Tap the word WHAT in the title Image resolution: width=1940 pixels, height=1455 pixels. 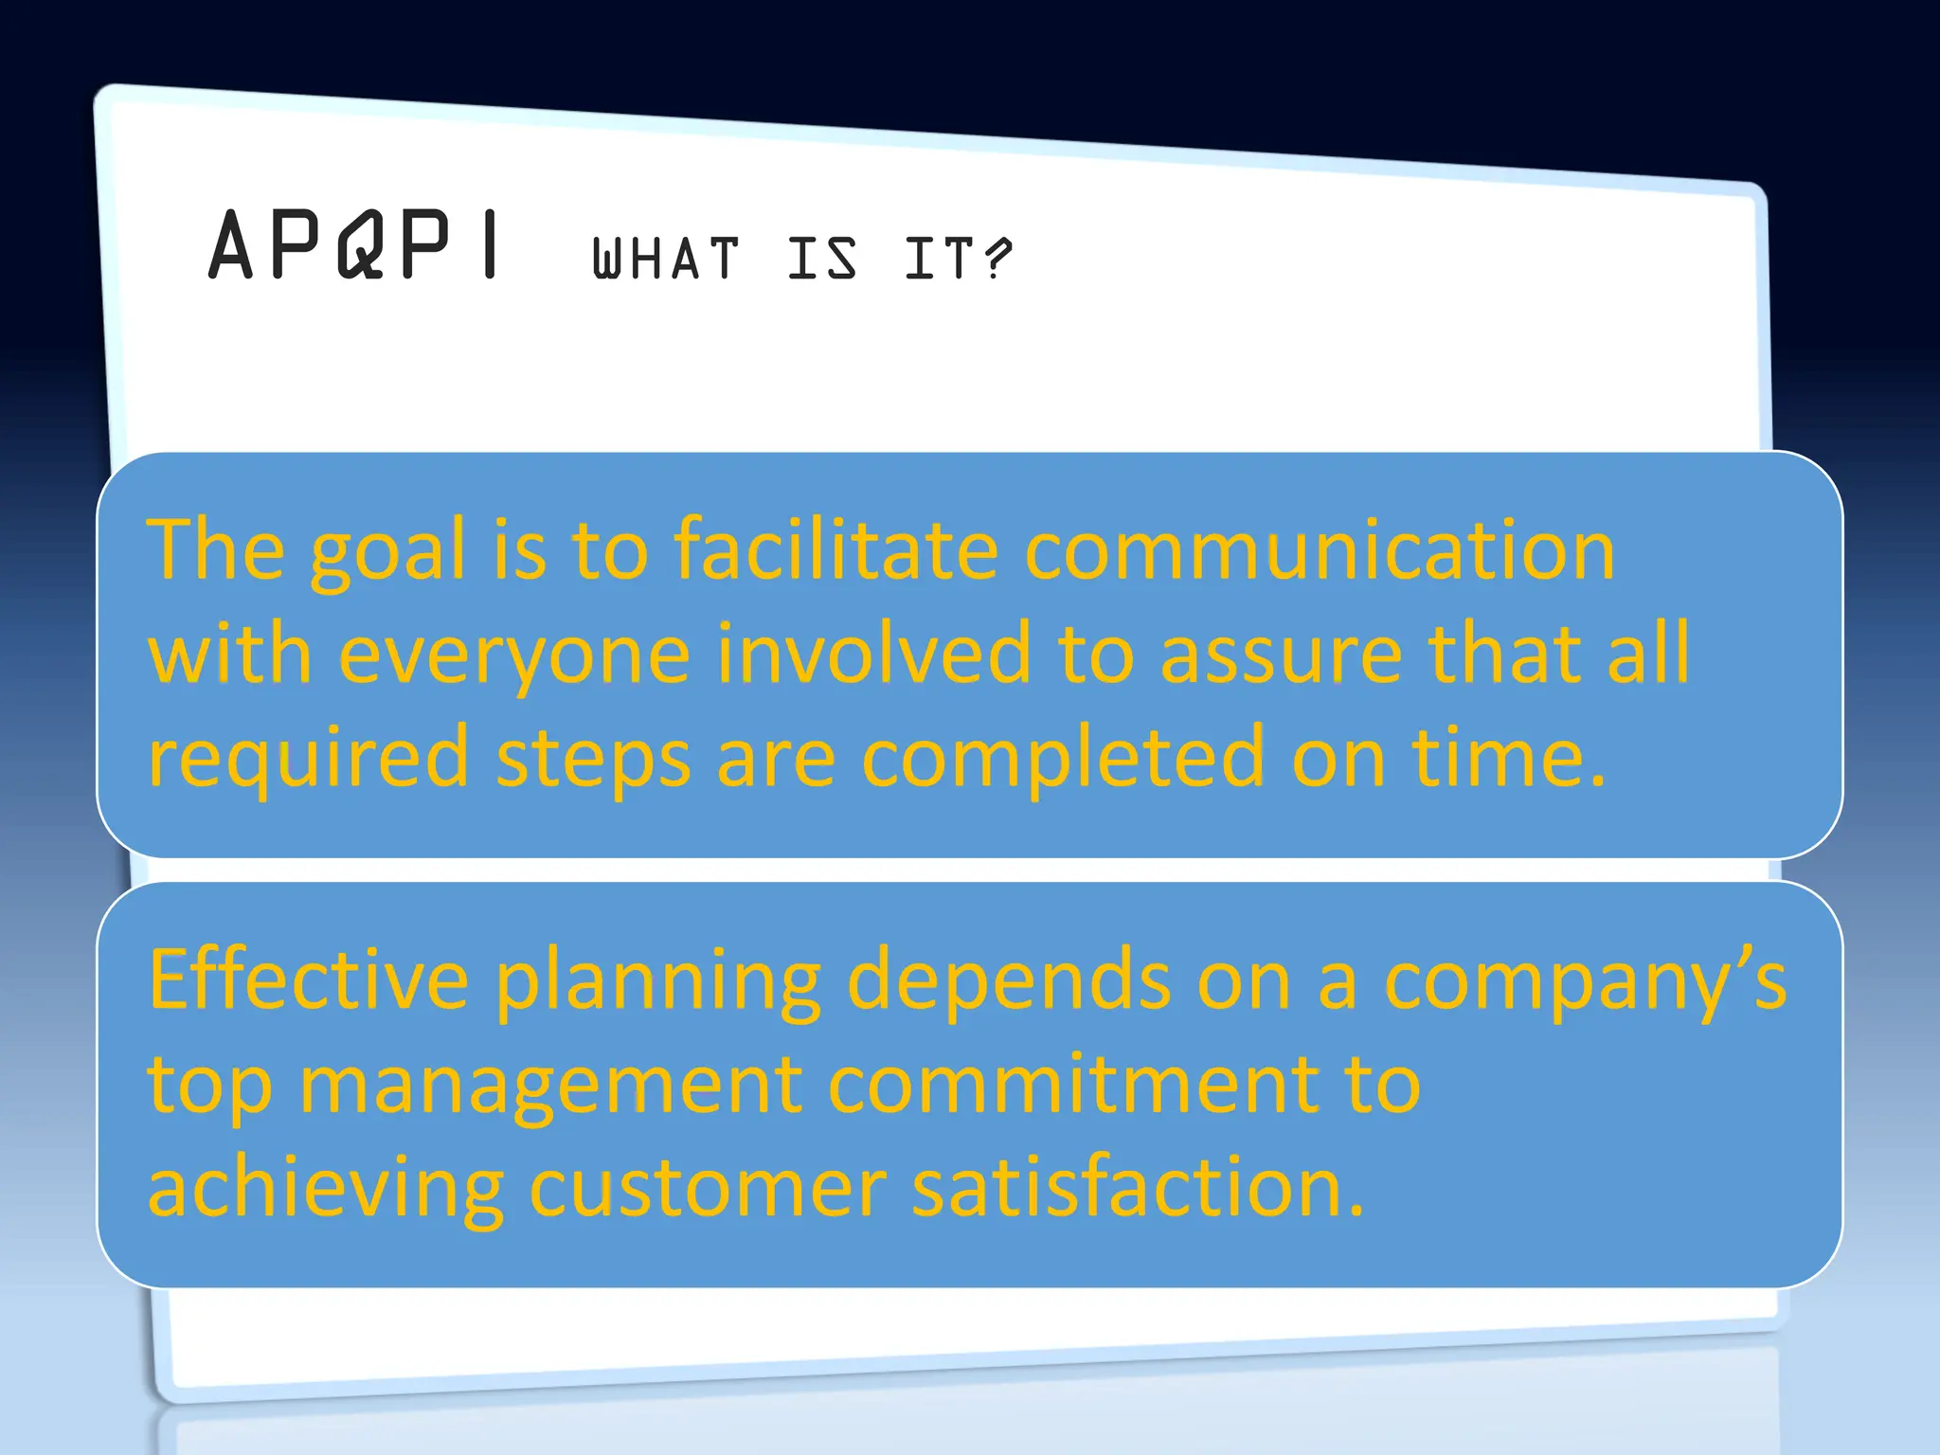pyautogui.click(x=665, y=259)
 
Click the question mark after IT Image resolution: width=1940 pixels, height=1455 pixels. pyautogui.click(x=997, y=259)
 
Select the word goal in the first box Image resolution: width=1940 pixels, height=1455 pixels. pyautogui.click(x=388, y=552)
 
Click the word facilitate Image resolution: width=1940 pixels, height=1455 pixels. pyautogui.click(x=836, y=550)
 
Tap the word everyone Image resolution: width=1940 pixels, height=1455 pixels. pyautogui.click(x=514, y=656)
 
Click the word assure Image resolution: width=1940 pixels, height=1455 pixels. pyautogui.click(x=1281, y=656)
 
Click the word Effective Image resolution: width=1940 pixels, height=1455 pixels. pyautogui.click(x=309, y=980)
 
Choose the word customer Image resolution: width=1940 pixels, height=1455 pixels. pyautogui.click(x=708, y=1189)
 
